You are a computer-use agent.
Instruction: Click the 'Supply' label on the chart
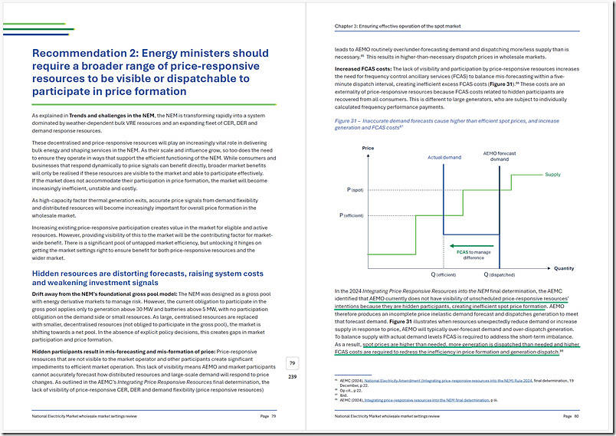click(552, 175)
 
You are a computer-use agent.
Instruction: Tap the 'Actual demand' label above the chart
click(444, 158)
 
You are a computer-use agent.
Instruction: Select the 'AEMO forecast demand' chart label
click(497, 156)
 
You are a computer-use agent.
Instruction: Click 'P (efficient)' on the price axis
click(352, 216)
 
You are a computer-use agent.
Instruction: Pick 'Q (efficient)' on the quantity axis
click(443, 274)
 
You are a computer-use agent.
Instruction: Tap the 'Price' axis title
click(347, 147)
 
